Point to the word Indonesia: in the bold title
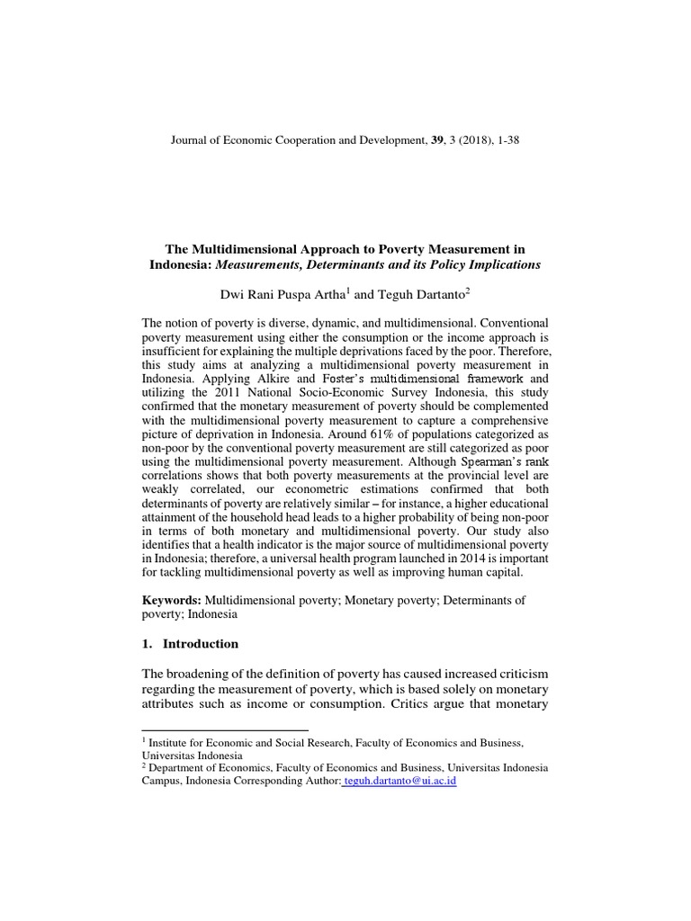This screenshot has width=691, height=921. click(179, 264)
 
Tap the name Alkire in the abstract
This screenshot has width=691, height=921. click(255, 380)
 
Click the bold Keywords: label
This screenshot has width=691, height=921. click(173, 599)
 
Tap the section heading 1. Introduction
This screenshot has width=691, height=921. click(191, 644)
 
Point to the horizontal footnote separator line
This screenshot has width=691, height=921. click(225, 729)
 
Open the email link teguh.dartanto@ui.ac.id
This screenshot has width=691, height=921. click(400, 782)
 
